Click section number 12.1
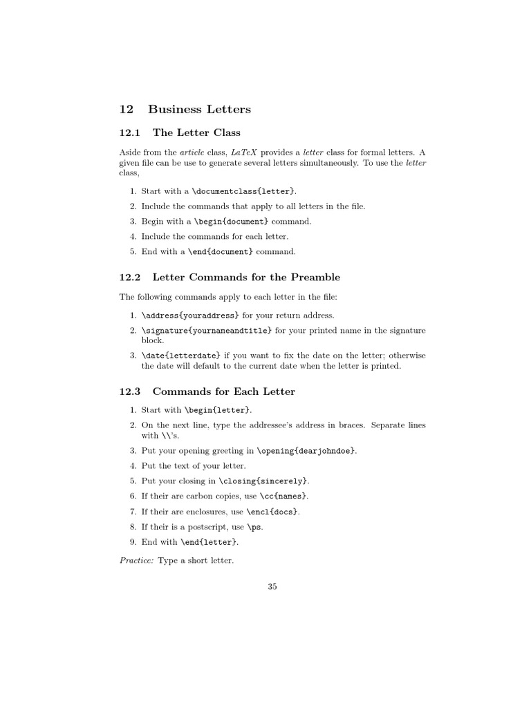[x=130, y=133]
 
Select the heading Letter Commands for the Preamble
[x=246, y=278]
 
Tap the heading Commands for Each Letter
[x=223, y=391]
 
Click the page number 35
[x=272, y=587]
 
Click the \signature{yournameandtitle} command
[x=207, y=330]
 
